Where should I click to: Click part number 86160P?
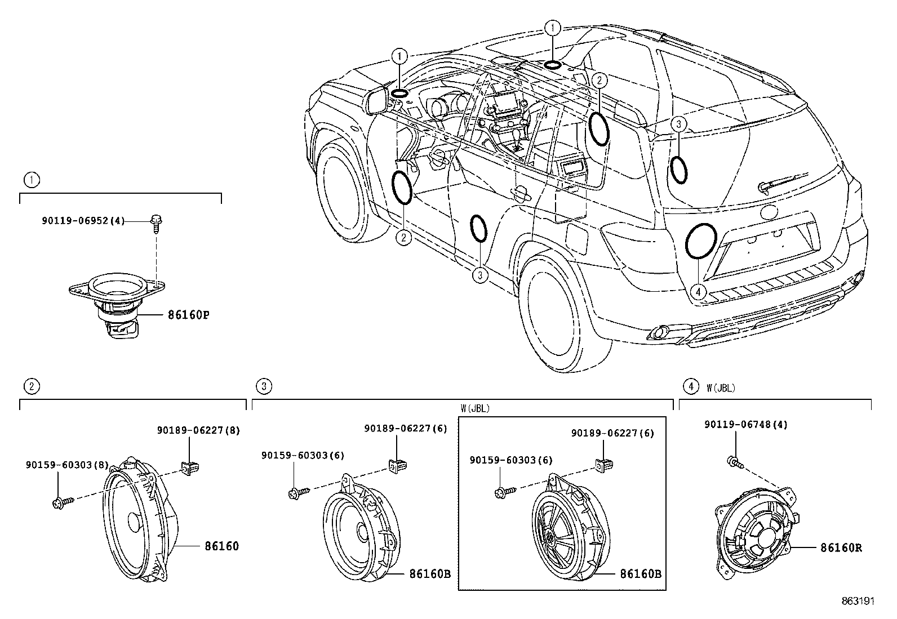pyautogui.click(x=188, y=315)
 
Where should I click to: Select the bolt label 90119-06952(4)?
pyautogui.click(x=83, y=221)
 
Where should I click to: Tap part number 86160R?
pyautogui.click(x=841, y=547)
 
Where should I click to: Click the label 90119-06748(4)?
pyautogui.click(x=746, y=425)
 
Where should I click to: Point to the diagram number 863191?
pyautogui.click(x=858, y=602)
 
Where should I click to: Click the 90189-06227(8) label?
pyautogui.click(x=198, y=431)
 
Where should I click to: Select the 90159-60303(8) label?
pyautogui.click(x=67, y=465)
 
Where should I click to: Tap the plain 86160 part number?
pyautogui.click(x=221, y=546)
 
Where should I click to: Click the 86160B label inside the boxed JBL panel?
pyautogui.click(x=640, y=574)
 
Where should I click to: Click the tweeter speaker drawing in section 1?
pyautogui.click(x=117, y=304)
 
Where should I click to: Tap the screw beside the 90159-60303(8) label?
pyautogui.click(x=61, y=502)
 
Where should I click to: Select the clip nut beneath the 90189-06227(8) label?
pyautogui.click(x=190, y=466)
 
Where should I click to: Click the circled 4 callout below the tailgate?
pyautogui.click(x=698, y=292)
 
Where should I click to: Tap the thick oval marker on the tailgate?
pyautogui.click(x=701, y=241)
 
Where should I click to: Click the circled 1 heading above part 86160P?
pyautogui.click(x=32, y=180)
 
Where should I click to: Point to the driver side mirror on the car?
pyautogui.click(x=376, y=100)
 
